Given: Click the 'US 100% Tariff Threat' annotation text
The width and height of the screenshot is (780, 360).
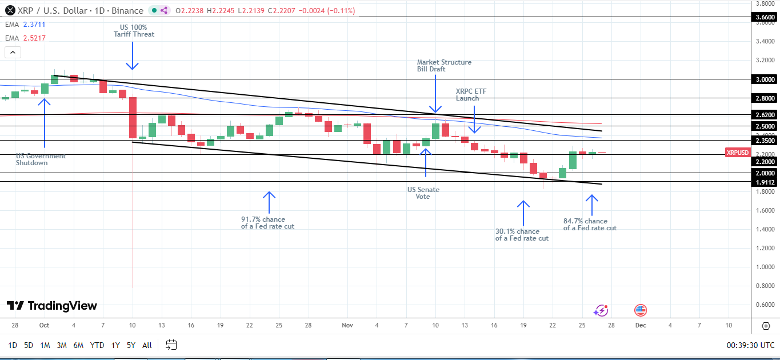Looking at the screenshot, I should (133, 30).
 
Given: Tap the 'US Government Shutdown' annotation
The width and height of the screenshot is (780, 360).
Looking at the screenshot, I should (41, 159).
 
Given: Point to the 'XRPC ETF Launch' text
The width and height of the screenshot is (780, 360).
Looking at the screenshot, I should (471, 94).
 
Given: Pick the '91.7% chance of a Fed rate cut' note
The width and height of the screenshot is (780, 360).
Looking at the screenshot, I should (268, 222).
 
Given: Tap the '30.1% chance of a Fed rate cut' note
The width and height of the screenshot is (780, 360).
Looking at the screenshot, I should (522, 235).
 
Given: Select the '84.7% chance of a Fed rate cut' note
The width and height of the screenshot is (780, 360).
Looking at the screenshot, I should (590, 225).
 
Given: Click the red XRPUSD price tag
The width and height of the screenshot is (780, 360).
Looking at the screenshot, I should (737, 153).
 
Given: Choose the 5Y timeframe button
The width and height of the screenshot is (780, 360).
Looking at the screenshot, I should (131, 345).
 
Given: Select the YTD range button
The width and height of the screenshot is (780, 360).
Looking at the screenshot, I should (97, 345).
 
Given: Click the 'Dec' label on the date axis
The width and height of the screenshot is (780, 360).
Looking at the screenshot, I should (641, 325).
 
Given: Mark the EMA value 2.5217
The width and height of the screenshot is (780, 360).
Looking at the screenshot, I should (34, 38).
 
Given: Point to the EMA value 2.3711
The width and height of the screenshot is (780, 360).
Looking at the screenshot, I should (34, 25).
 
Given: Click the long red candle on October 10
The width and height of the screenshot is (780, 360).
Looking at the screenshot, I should (133, 118).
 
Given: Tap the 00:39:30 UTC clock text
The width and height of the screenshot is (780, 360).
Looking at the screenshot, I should (750, 345).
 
